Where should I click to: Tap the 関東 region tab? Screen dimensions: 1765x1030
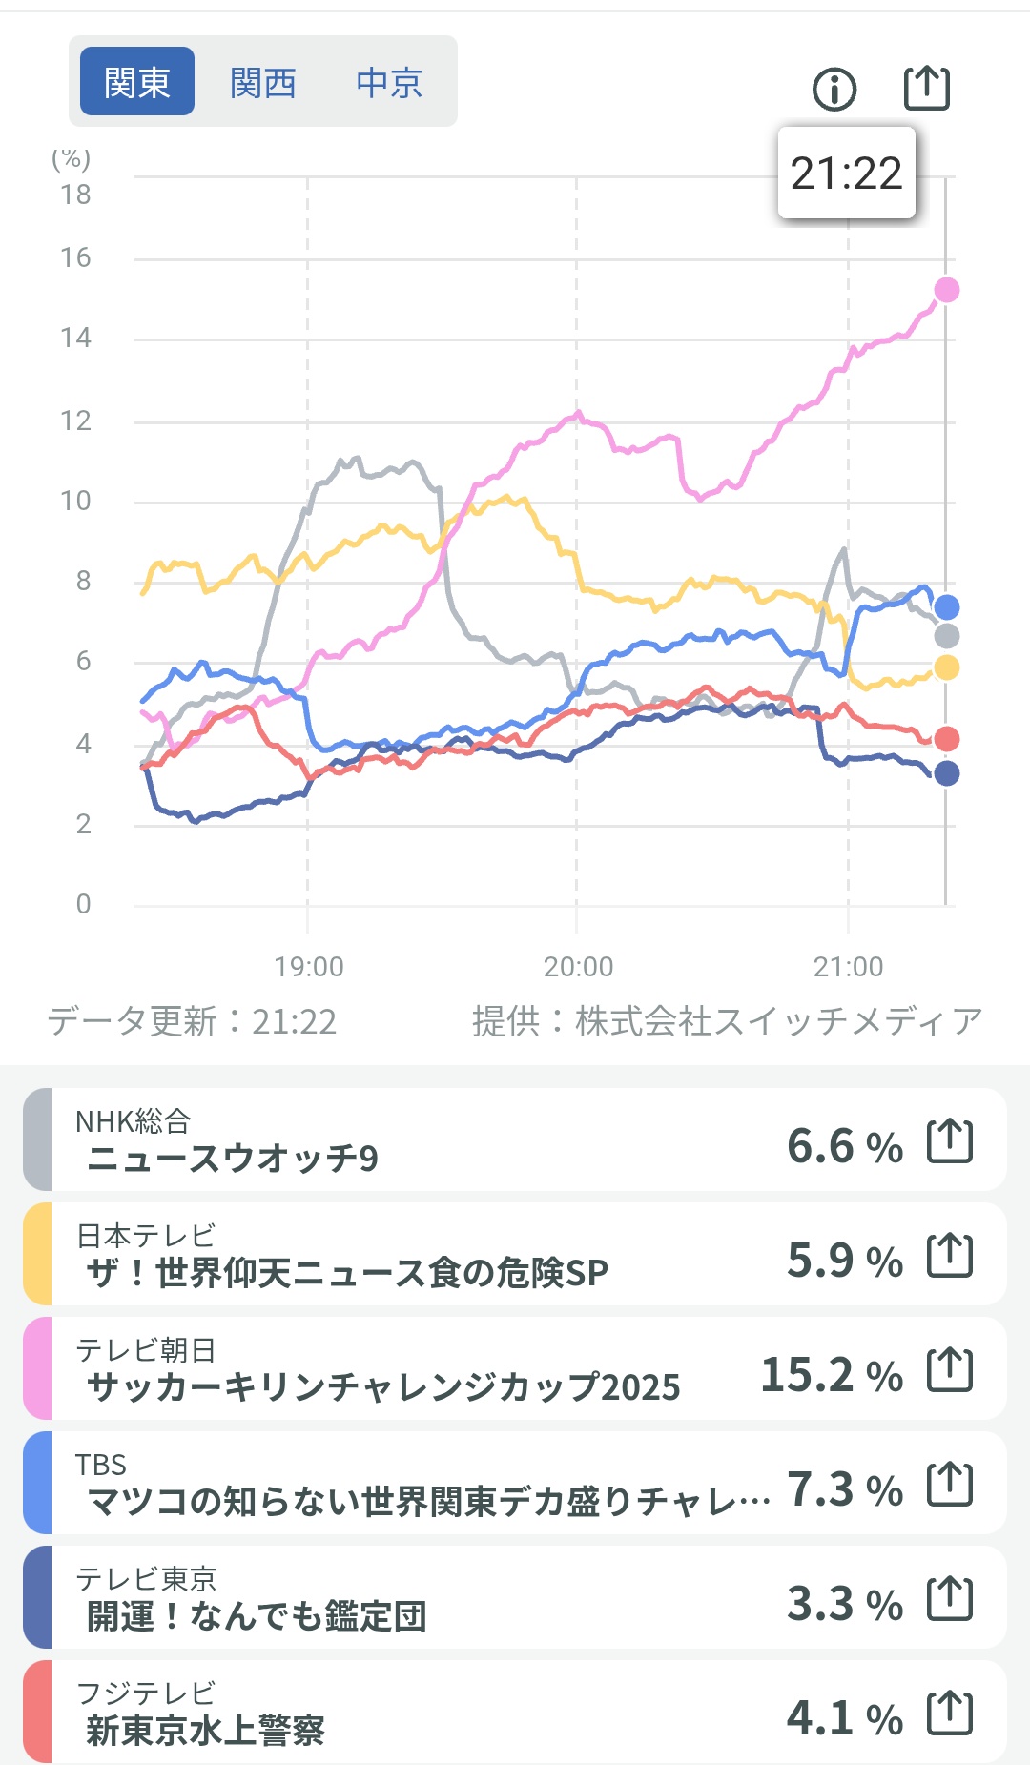click(x=137, y=82)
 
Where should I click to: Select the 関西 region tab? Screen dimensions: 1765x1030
click(x=263, y=83)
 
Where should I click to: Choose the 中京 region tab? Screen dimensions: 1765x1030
click(x=389, y=83)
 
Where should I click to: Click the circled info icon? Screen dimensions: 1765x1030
click(x=834, y=90)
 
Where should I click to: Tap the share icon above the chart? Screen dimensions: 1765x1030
click(x=926, y=88)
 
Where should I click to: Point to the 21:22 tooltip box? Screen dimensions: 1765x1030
click(x=847, y=174)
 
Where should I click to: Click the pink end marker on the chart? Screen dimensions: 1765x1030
click(x=946, y=290)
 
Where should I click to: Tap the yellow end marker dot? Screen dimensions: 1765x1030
click(x=946, y=667)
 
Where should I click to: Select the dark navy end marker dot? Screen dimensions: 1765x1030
click(x=946, y=773)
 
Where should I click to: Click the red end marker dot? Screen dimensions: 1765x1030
click(x=946, y=738)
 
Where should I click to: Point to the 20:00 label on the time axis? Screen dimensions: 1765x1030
click(x=578, y=967)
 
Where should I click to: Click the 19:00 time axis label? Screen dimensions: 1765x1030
click(x=309, y=967)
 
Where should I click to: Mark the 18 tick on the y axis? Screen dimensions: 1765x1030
click(x=75, y=195)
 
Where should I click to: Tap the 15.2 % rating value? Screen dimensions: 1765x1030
click(x=831, y=1375)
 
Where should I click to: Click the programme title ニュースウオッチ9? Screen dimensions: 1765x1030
click(x=233, y=1159)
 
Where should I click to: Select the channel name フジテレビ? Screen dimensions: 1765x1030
click(x=146, y=1693)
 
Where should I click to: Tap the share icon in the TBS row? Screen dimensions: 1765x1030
click(x=950, y=1484)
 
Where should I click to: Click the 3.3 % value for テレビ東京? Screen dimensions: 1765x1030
click(x=844, y=1604)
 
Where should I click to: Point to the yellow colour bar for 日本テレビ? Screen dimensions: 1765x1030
click(x=37, y=1254)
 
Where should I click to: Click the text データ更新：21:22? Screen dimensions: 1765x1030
click(x=193, y=1021)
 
